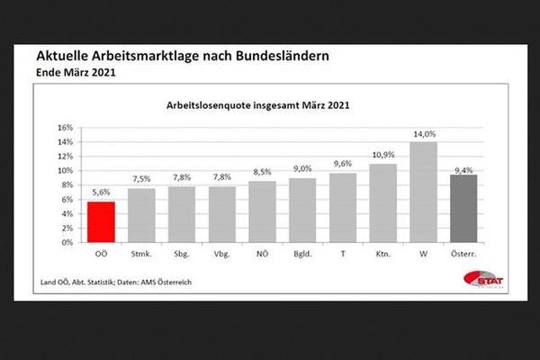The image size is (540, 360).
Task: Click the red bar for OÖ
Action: [x=101, y=222]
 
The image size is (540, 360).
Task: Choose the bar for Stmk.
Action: [x=141, y=215]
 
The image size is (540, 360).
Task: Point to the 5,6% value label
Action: [x=101, y=193]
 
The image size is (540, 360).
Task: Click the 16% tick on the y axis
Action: [x=64, y=127]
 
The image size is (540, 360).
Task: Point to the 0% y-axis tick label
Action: [x=67, y=243]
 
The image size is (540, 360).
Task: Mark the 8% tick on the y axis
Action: [x=67, y=184]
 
